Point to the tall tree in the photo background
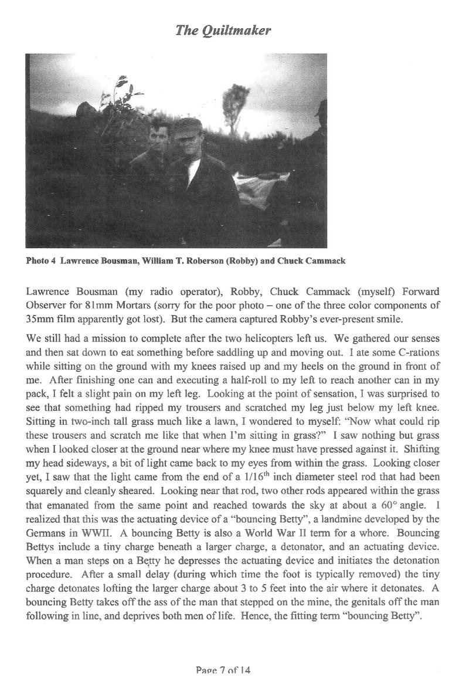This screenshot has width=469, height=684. (236, 106)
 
